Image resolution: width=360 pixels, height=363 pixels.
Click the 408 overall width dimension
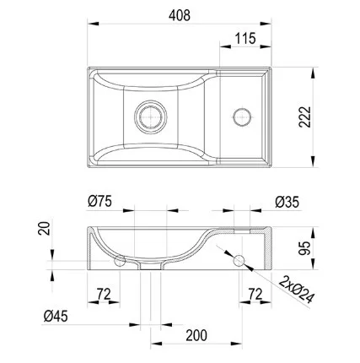[x=180, y=15]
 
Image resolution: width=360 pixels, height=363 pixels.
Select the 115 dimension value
[x=245, y=39]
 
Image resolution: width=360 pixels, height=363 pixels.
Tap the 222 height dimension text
[x=305, y=117]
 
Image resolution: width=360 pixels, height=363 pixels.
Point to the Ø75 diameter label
[x=99, y=202]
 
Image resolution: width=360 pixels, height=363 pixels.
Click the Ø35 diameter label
[x=287, y=202]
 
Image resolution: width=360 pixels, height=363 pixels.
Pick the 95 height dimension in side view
[x=304, y=248]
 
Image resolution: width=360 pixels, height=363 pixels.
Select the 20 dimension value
[x=44, y=228]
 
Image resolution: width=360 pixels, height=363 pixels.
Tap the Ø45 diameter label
[x=56, y=317]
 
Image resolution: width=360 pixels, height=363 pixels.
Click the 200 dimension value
[x=196, y=335]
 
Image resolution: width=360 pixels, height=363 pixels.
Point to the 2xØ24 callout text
[x=296, y=290]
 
